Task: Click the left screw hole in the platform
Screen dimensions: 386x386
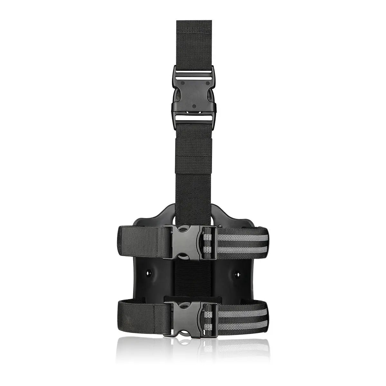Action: pos(149,273)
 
